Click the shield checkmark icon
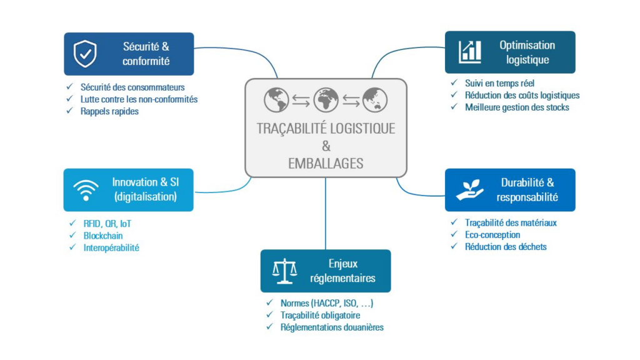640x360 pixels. (85, 54)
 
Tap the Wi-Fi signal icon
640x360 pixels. (85, 190)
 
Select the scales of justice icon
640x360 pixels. (284, 271)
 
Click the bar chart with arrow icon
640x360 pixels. (469, 52)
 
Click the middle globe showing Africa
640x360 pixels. (326, 100)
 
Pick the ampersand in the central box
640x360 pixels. (326, 146)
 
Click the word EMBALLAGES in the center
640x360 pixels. (326, 164)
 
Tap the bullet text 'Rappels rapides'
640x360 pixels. (109, 111)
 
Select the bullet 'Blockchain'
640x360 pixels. (103, 236)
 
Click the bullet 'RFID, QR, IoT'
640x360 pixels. (107, 224)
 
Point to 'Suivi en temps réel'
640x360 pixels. (499, 83)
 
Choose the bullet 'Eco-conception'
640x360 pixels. (492, 234)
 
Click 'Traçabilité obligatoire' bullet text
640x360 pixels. (320, 315)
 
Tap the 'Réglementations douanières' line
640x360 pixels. (332, 327)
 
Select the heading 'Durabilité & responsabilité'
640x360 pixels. (527, 190)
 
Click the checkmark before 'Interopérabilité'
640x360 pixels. (71, 247)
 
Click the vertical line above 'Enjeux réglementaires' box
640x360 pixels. (326, 212)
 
